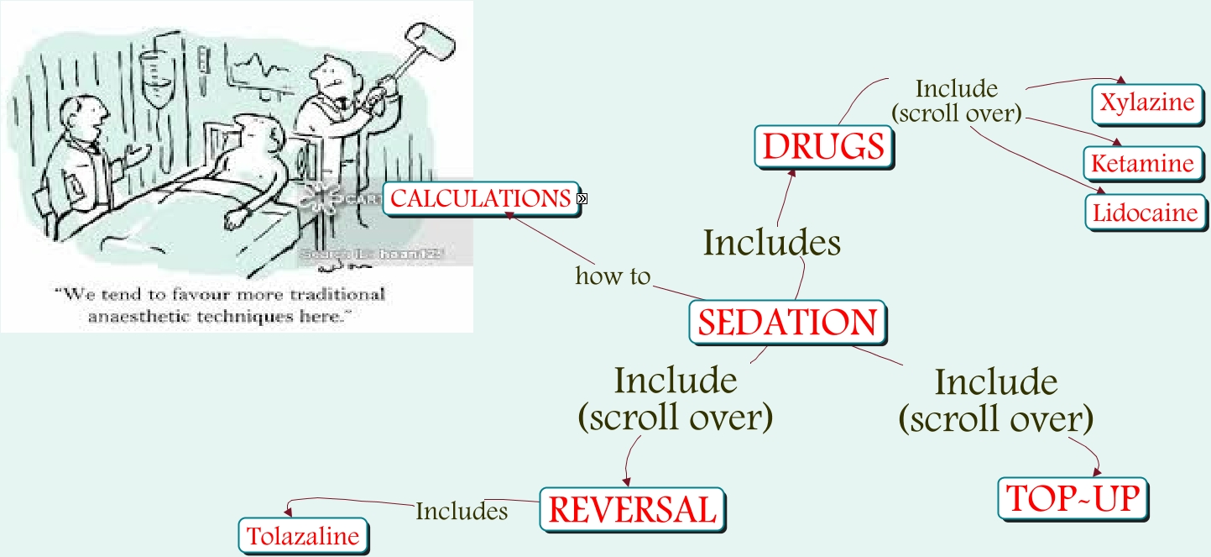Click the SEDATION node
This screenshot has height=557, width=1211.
click(787, 323)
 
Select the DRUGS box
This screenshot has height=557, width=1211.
click(823, 147)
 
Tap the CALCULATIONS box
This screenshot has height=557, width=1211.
click(481, 199)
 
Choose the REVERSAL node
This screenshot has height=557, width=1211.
click(632, 508)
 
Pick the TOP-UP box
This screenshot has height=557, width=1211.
click(1073, 498)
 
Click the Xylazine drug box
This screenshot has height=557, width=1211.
click(1146, 102)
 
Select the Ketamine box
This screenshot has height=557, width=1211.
click(1142, 163)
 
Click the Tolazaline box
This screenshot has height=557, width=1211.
click(303, 536)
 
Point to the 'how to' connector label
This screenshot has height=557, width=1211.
click(613, 276)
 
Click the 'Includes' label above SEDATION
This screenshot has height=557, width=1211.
click(771, 243)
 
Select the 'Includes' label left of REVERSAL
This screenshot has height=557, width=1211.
click(462, 511)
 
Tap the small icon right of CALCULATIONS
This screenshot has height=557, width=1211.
click(582, 199)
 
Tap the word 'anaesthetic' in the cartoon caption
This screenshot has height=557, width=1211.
click(138, 318)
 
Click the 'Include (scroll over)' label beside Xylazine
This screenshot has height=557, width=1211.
click(956, 101)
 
